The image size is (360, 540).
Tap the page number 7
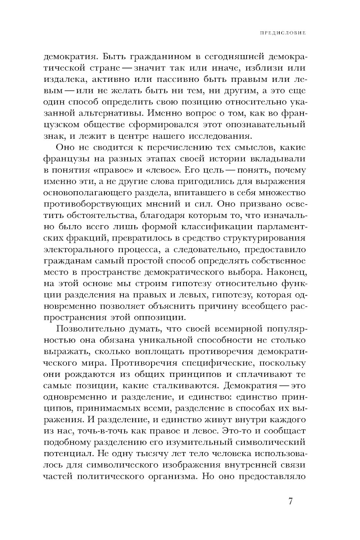click(291, 501)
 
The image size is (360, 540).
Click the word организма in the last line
click(171, 476)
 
